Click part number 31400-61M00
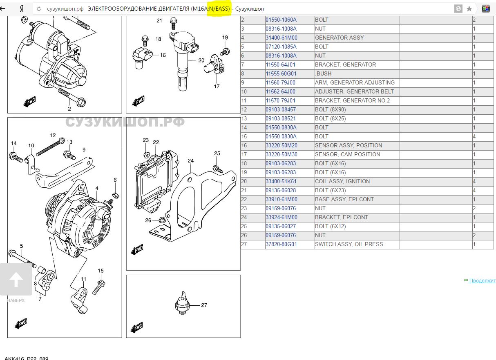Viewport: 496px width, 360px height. pyautogui.click(x=282, y=38)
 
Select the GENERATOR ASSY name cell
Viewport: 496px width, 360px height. pyautogui.click(x=339, y=38)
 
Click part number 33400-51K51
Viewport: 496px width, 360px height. pyautogui.click(x=281, y=181)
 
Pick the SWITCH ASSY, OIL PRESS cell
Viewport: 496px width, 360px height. pyautogui.click(x=349, y=244)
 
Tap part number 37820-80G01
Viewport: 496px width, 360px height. pyautogui.click(x=281, y=244)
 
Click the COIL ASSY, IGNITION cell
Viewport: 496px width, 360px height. pyautogui.click(x=342, y=181)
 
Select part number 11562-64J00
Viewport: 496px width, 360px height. pyautogui.click(x=280, y=91)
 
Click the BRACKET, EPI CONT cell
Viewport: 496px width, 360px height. pyautogui.click(x=341, y=217)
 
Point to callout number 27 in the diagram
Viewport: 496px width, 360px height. pyautogui.click(x=204, y=305)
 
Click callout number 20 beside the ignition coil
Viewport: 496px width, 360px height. pyautogui.click(x=201, y=60)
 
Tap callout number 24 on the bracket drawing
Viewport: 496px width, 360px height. pyautogui.click(x=191, y=160)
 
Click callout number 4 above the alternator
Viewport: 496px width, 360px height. pyautogui.click(x=97, y=188)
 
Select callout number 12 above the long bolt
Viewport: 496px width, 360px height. pyautogui.click(x=53, y=135)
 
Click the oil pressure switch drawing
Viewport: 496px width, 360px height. pyautogui.click(x=182, y=304)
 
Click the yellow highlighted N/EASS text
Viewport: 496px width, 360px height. pyautogui.click(x=219, y=9)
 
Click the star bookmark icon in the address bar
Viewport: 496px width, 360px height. pyautogui.click(x=469, y=9)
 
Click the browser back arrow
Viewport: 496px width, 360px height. pyautogui.click(x=4, y=9)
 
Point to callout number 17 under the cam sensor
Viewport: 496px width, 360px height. pyautogui.click(x=217, y=86)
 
